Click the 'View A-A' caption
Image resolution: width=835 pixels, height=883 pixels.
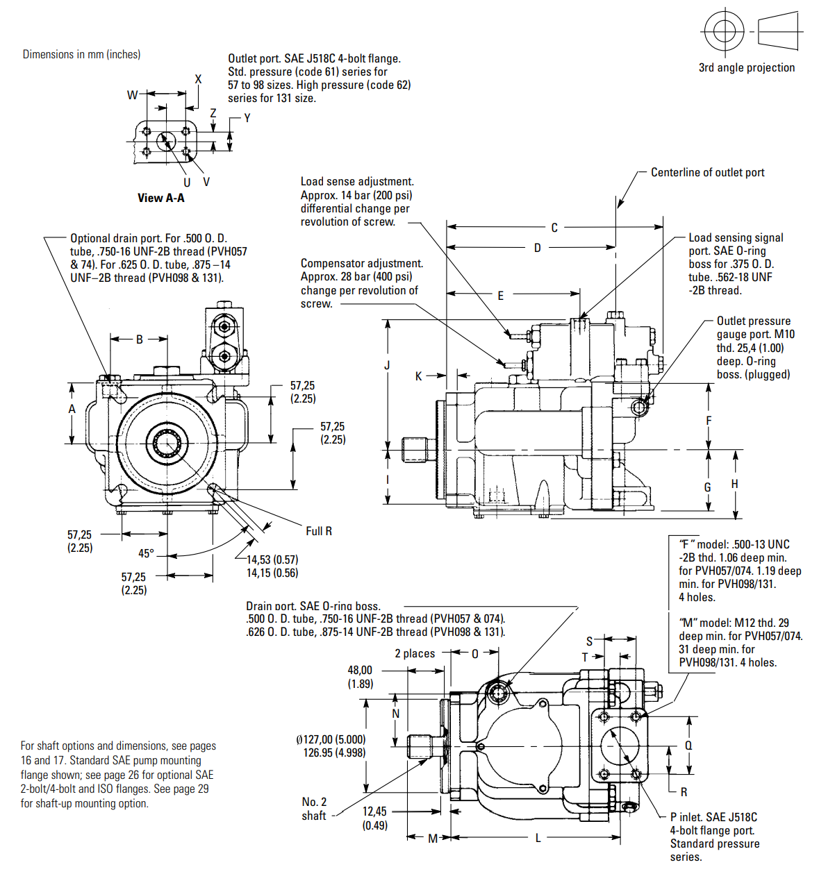click(161, 198)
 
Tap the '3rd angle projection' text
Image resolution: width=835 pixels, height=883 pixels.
click(747, 67)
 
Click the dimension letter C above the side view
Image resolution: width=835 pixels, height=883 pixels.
click(554, 228)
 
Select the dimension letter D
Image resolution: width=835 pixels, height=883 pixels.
click(537, 248)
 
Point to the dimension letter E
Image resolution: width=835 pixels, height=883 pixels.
click(500, 295)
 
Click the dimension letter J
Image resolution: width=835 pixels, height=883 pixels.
click(387, 365)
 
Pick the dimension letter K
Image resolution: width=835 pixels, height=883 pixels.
click(418, 376)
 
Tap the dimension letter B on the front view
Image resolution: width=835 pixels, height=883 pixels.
click(140, 339)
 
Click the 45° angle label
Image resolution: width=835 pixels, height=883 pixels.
click(146, 553)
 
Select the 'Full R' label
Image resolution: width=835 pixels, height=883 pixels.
click(319, 531)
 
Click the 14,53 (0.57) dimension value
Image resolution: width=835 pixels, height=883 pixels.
click(272, 560)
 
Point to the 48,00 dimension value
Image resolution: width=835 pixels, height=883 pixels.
click(360, 670)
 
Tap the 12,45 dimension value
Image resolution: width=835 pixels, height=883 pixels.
click(374, 811)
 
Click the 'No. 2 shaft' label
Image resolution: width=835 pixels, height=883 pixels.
click(314, 809)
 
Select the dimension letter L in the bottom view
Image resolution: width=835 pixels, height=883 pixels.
click(538, 838)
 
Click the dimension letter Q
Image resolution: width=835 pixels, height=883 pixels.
click(688, 746)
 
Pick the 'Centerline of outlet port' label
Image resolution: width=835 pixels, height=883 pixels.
click(707, 172)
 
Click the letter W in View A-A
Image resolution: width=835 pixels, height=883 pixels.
click(132, 94)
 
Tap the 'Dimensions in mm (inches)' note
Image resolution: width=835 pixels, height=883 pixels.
click(81, 54)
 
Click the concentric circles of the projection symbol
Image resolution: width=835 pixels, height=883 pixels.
click(724, 31)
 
